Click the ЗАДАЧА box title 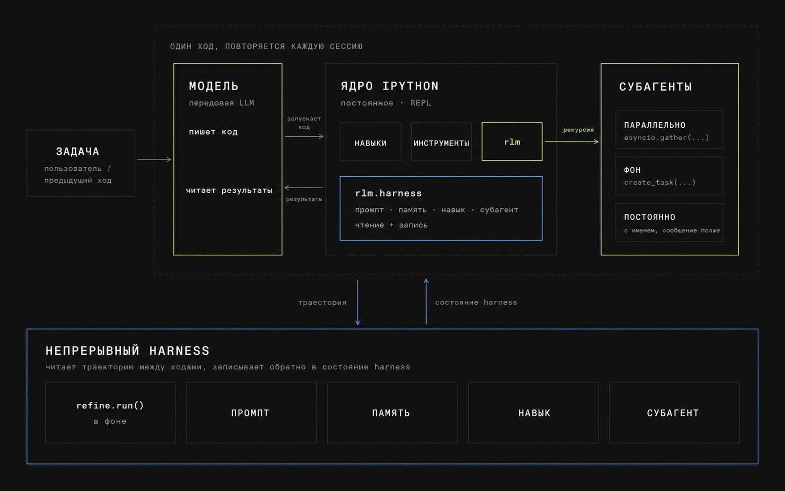77,151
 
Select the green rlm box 512,142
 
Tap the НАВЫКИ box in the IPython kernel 371,142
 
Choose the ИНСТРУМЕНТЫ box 441,142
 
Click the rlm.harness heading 389,193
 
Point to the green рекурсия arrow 572,142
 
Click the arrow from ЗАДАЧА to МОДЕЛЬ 154,159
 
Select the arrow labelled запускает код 304,136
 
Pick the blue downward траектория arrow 358,302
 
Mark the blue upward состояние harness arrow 426,301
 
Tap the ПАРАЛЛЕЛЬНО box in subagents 670,129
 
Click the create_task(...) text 660,182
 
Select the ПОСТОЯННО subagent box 670,223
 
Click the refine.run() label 110,405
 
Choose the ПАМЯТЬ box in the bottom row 392,413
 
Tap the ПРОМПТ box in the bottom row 251,413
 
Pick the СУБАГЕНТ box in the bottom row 675,413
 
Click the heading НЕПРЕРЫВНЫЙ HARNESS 128,350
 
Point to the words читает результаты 229,190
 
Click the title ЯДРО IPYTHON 390,86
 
